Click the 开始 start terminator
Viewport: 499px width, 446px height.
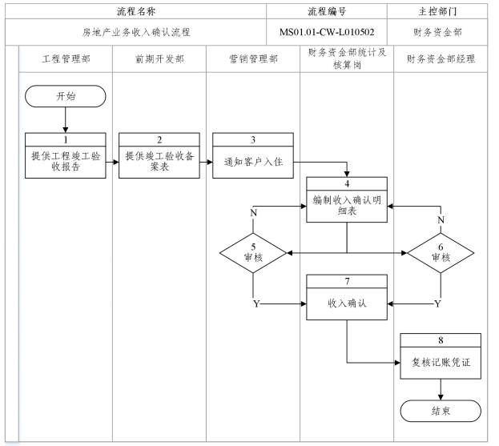coord(65,96)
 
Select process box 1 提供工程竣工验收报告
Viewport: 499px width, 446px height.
coord(65,155)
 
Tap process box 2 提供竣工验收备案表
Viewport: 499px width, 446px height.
coord(159,155)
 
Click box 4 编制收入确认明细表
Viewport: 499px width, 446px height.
coord(347,199)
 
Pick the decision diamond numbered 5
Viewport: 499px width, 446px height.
coord(252,254)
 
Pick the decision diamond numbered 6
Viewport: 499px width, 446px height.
coord(441,254)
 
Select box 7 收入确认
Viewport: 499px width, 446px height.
coord(347,297)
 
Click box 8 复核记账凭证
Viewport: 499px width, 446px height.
coord(441,356)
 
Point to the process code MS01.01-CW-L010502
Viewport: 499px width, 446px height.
coord(326,32)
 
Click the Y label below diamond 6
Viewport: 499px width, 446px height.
coord(437,304)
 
